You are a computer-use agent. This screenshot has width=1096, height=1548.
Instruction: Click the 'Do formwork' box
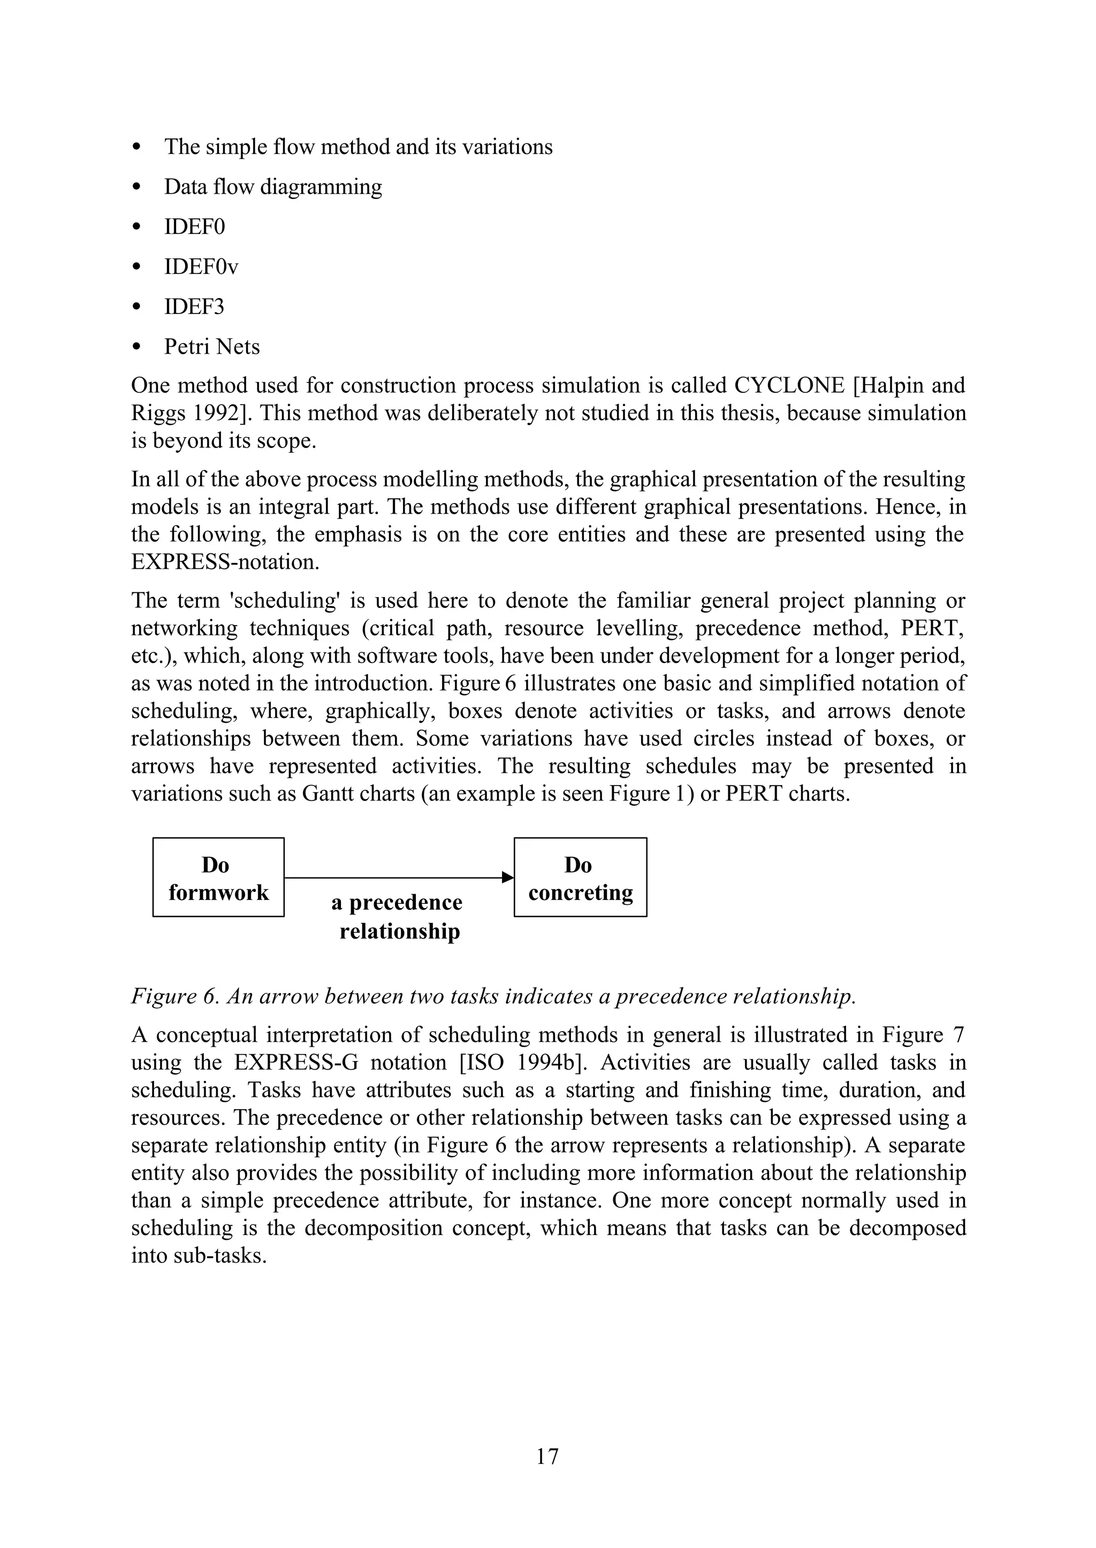pos(218,877)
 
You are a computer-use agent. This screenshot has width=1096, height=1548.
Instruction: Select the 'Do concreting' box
pos(581,877)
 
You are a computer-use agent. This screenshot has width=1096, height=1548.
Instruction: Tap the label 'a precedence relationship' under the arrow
pos(398,917)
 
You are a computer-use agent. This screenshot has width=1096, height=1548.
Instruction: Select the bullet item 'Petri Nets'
pos(212,347)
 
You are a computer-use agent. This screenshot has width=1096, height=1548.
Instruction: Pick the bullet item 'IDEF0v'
pos(201,267)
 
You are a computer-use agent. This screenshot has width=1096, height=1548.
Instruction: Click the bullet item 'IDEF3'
pos(194,307)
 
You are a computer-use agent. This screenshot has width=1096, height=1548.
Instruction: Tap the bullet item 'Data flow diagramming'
pos(272,187)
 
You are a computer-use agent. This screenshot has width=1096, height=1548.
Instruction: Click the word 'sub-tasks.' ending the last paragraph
pos(223,1256)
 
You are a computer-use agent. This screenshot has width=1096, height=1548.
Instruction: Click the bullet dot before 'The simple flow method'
pos(137,147)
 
